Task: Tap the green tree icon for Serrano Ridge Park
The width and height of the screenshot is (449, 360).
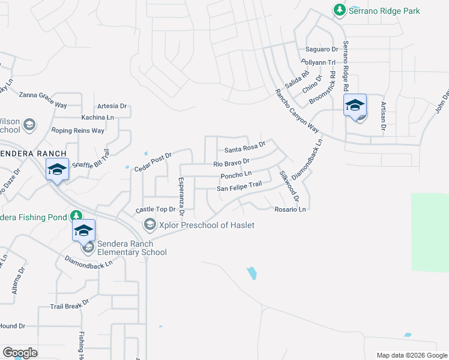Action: point(340,10)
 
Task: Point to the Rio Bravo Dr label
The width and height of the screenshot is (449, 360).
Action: point(231,163)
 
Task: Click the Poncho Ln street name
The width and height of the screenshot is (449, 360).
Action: point(236,175)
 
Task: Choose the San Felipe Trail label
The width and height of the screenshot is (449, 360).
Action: point(240,187)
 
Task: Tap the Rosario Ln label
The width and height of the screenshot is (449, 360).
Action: point(291,209)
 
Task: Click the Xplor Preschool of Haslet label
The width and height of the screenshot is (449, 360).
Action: point(206,225)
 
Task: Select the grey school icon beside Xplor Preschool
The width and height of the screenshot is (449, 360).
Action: point(149,224)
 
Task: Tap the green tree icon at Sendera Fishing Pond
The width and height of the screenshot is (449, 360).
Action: point(76,215)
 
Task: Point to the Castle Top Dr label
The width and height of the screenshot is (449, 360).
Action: point(155,209)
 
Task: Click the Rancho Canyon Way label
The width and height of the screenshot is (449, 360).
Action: point(296,109)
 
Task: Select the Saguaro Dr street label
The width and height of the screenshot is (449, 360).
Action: point(318,49)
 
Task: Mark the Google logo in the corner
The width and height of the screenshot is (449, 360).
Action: point(20,353)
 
